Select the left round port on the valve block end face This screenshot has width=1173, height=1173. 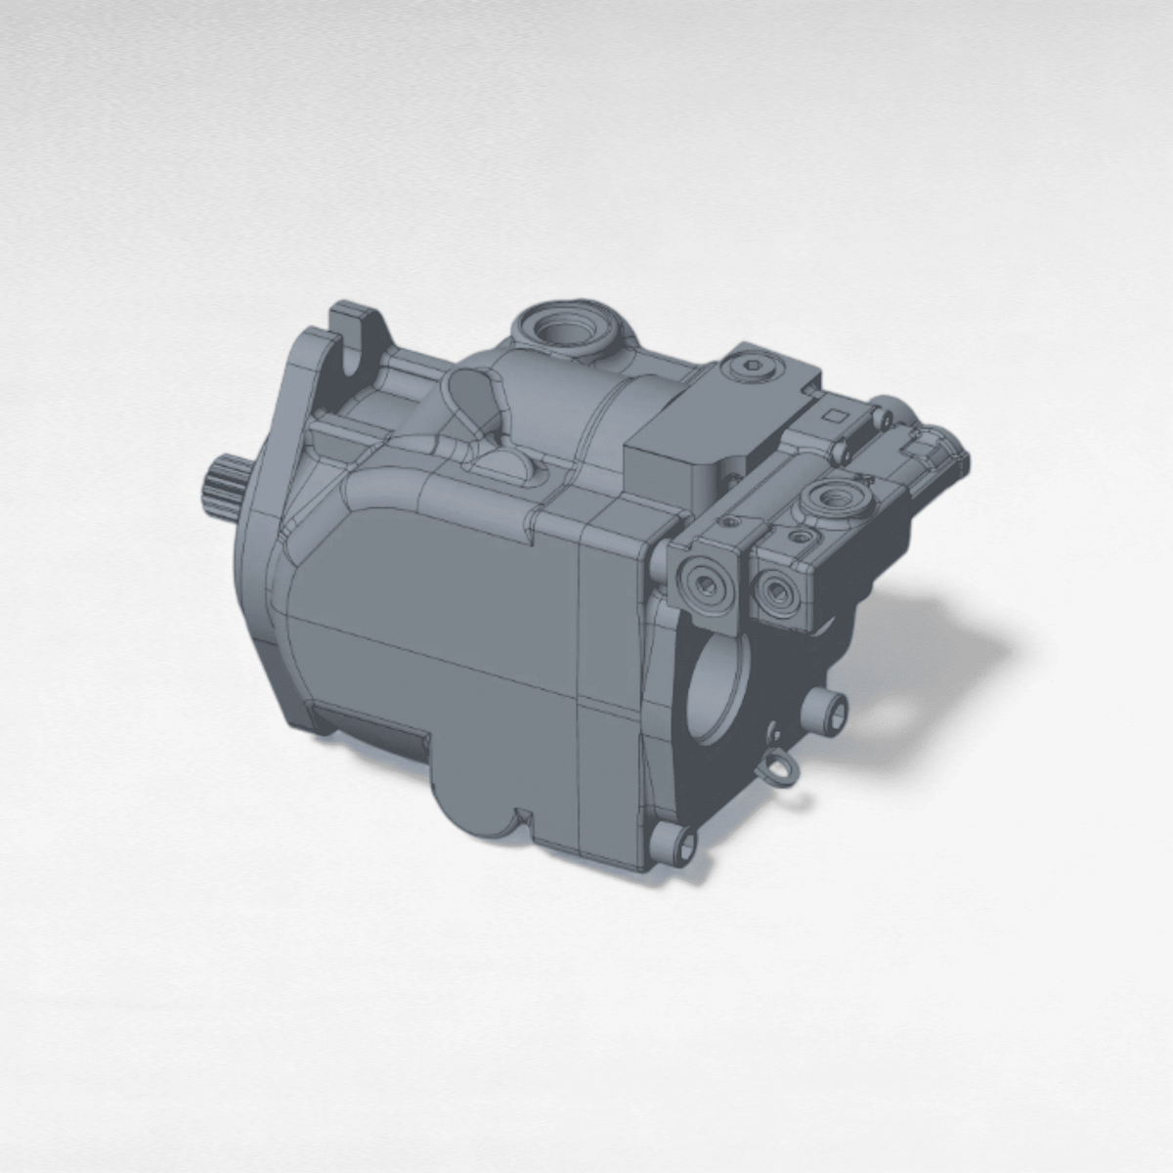(703, 585)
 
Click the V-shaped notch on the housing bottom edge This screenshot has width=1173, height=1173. (522, 813)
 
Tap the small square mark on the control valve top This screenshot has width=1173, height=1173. (835, 415)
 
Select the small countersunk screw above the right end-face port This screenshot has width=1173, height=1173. (800, 537)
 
